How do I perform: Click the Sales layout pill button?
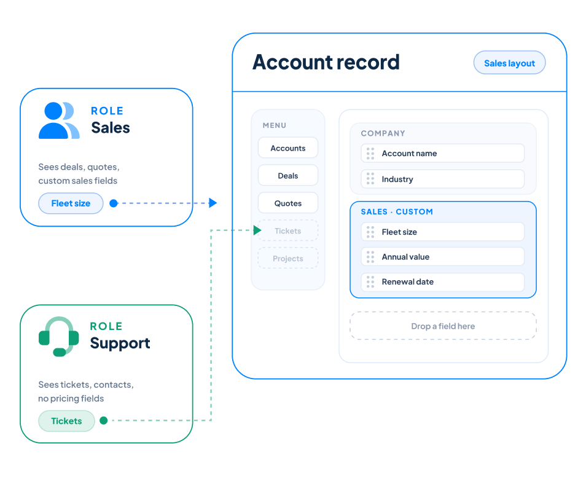[509, 63]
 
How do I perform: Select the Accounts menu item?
[287, 147]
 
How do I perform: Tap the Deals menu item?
[287, 175]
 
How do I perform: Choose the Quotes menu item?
[287, 203]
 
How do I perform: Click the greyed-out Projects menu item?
[287, 259]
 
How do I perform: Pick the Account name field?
[442, 154]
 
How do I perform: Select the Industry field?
[442, 179]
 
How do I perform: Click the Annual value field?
[442, 257]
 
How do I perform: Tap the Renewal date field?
[442, 282]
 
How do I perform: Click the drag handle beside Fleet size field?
[370, 232]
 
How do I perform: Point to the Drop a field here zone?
[443, 326]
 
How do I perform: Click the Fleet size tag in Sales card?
[71, 203]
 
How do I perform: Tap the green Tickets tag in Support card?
[66, 421]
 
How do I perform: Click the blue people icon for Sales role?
[59, 120]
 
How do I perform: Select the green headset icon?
[59, 337]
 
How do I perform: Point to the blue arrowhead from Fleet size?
[213, 203]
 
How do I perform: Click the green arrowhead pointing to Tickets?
[257, 230]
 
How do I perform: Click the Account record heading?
[326, 62]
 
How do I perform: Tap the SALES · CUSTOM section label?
[397, 211]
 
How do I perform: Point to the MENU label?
[275, 125]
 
